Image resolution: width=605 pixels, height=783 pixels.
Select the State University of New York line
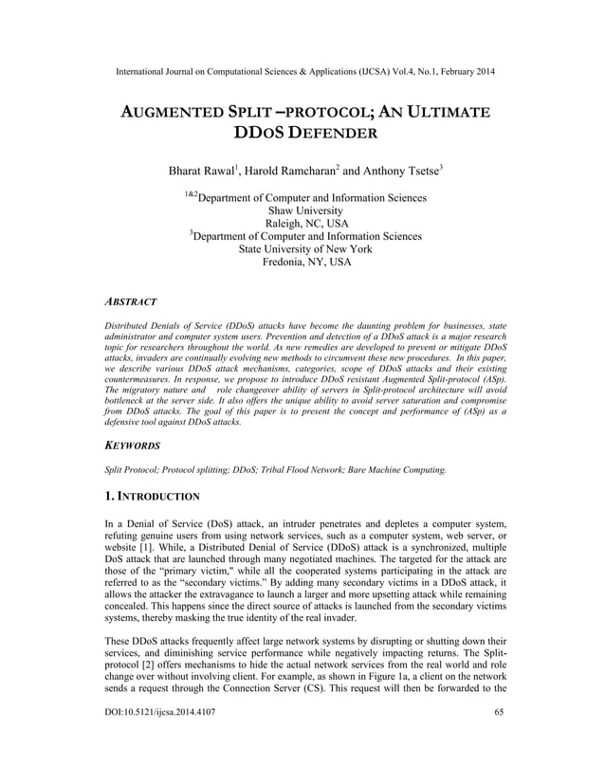tap(302, 249)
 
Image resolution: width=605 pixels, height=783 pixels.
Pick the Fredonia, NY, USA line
tap(302, 263)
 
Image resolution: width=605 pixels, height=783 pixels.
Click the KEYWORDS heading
tap(133, 445)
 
